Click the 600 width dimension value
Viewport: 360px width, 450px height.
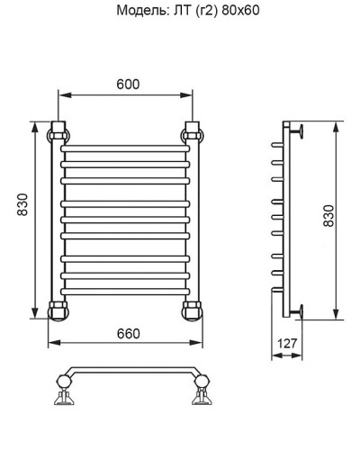126,84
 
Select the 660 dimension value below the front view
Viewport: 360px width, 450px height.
128,334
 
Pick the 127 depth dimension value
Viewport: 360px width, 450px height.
287,342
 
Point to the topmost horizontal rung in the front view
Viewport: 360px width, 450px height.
126,148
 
